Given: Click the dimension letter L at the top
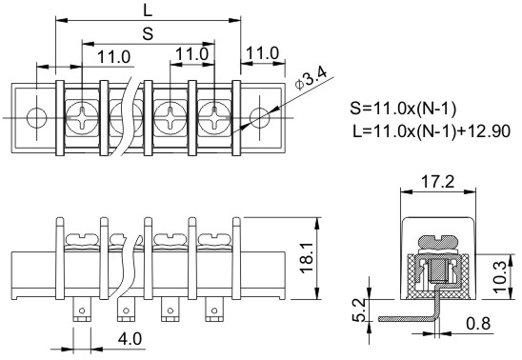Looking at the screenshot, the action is [148, 10].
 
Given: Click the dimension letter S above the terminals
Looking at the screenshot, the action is [148, 33].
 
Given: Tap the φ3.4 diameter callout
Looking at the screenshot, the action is [311, 79].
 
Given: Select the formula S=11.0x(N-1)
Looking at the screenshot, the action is [403, 109].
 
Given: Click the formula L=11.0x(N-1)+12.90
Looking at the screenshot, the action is [432, 131].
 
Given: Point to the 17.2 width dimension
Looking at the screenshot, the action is [438, 182].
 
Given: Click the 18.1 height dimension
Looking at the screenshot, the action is [307, 257].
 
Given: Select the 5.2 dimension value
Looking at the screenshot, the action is [359, 310].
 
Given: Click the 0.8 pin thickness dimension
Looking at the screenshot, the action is [479, 324].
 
